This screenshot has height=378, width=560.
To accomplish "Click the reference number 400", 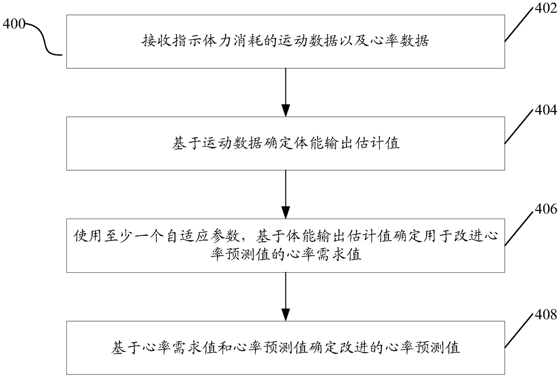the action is [14, 24].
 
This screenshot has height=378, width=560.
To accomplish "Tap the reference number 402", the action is [546, 8].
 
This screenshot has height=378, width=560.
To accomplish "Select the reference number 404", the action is [546, 110].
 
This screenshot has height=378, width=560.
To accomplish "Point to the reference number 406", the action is [546, 209].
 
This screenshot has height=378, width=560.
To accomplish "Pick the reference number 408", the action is [546, 314].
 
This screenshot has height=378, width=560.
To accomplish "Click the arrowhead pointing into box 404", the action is [285, 111].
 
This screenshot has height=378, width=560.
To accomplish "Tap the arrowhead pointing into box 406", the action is [285, 213].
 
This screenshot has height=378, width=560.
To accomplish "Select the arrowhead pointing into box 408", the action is [285, 315].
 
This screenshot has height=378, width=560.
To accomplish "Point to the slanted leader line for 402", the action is [518, 24].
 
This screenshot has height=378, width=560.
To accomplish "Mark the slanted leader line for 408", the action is [518, 331].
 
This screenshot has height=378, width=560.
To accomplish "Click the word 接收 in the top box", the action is [156, 41].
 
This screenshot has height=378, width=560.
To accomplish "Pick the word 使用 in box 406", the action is [87, 236].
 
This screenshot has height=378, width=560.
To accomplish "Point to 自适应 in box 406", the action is [187, 236].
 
